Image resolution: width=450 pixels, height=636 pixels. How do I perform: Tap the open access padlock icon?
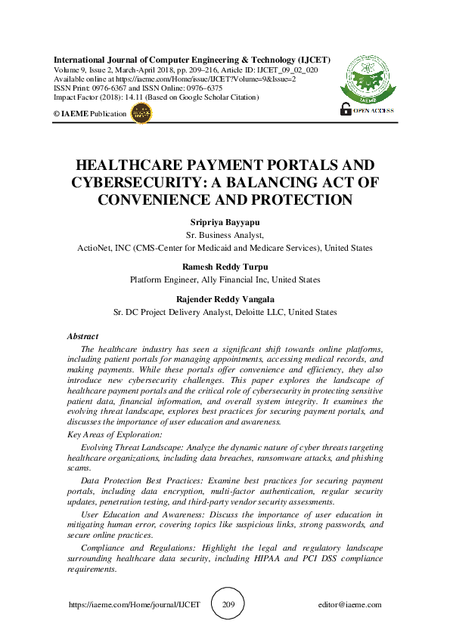coord(346,109)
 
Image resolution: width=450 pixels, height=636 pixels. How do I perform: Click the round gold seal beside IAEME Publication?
coord(141,113)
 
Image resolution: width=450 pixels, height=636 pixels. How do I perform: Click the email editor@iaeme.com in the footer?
coord(350,605)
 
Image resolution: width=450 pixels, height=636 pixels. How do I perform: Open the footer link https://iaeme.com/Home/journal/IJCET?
coord(135,605)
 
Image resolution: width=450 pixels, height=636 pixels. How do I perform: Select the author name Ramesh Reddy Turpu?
coord(225,267)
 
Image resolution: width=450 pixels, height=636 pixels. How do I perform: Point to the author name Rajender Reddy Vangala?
coord(225,299)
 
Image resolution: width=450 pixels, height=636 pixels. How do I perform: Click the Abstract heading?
coord(82,336)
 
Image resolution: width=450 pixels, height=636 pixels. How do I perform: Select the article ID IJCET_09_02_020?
coord(284,69)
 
